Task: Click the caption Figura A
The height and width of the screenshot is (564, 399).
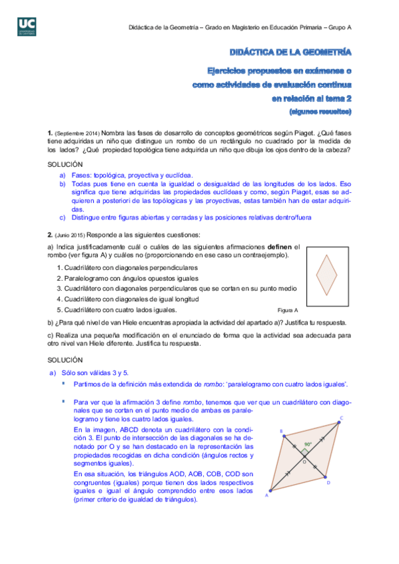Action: [288, 311]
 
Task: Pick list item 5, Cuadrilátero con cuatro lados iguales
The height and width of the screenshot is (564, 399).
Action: [116, 309]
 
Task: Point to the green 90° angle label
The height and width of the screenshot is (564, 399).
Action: [308, 444]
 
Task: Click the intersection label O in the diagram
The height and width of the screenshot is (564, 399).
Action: [304, 461]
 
